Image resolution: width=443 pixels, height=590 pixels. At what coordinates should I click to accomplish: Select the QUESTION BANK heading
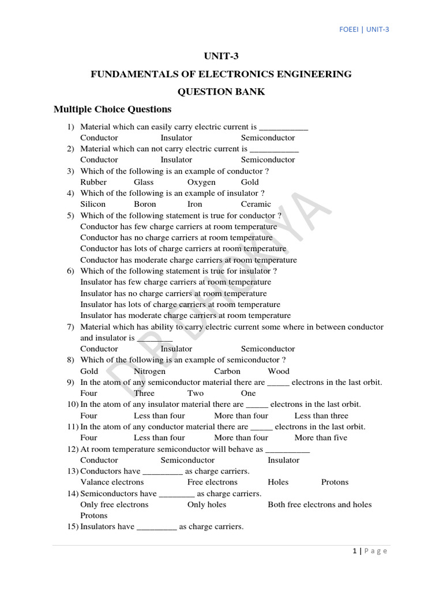tap(221, 92)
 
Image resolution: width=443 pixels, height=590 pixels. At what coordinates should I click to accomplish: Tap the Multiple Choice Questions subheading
tap(112, 109)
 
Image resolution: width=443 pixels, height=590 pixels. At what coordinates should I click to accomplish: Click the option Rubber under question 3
tap(93, 182)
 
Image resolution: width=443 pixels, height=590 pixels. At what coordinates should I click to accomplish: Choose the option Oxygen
tap(201, 182)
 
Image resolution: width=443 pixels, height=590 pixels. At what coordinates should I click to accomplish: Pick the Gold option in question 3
tap(250, 182)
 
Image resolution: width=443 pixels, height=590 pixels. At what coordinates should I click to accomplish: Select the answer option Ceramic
tap(256, 204)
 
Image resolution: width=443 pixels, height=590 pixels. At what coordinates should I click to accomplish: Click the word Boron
tap(145, 204)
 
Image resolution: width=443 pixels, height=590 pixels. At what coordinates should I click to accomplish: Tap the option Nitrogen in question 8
tap(149, 371)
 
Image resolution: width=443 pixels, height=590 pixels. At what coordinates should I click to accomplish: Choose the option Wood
tap(279, 371)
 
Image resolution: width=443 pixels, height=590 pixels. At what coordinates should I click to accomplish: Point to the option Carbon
tap(227, 371)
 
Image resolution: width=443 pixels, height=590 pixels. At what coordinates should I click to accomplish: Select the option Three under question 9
tap(144, 393)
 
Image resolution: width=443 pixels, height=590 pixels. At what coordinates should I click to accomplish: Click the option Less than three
tap(321, 415)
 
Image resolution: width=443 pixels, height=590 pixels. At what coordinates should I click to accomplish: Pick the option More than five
tap(321, 437)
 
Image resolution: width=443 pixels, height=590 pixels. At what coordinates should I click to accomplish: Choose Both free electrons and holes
tap(320, 505)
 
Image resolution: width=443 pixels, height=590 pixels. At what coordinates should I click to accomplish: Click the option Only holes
tap(207, 505)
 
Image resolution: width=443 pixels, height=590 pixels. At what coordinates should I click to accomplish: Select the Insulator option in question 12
tap(283, 460)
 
